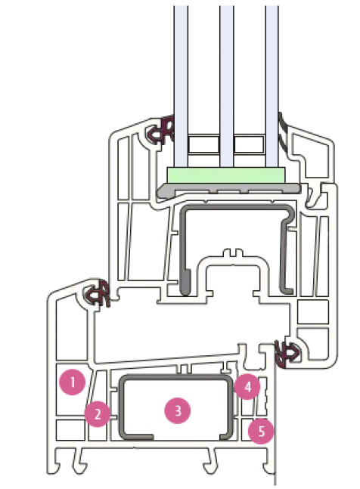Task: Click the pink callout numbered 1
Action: tap(73, 382)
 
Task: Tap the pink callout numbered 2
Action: tap(98, 414)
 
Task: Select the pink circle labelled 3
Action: tap(178, 410)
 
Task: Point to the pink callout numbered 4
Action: tap(248, 387)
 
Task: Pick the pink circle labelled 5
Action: tap(261, 432)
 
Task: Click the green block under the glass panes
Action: tap(226, 175)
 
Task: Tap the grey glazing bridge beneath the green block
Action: tap(229, 189)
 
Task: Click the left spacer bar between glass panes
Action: tap(203, 144)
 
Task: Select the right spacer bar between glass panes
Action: tap(250, 144)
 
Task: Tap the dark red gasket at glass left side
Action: tap(160, 131)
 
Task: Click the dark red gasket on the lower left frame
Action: tap(96, 293)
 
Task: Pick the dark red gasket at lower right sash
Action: tap(287, 354)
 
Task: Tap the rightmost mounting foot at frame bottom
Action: tap(268, 462)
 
